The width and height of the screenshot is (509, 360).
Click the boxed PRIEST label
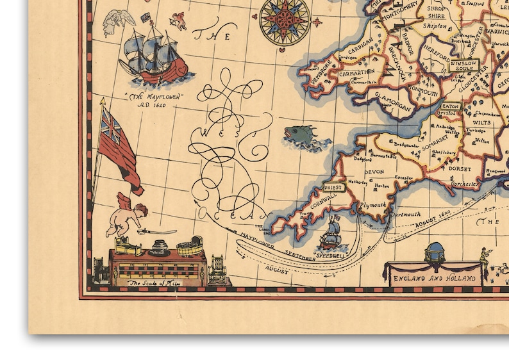pos(333,187)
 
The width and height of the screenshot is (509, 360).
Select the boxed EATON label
pos(451,106)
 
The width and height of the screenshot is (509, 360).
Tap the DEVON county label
pos(374,172)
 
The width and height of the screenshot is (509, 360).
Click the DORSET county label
pos(460,169)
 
